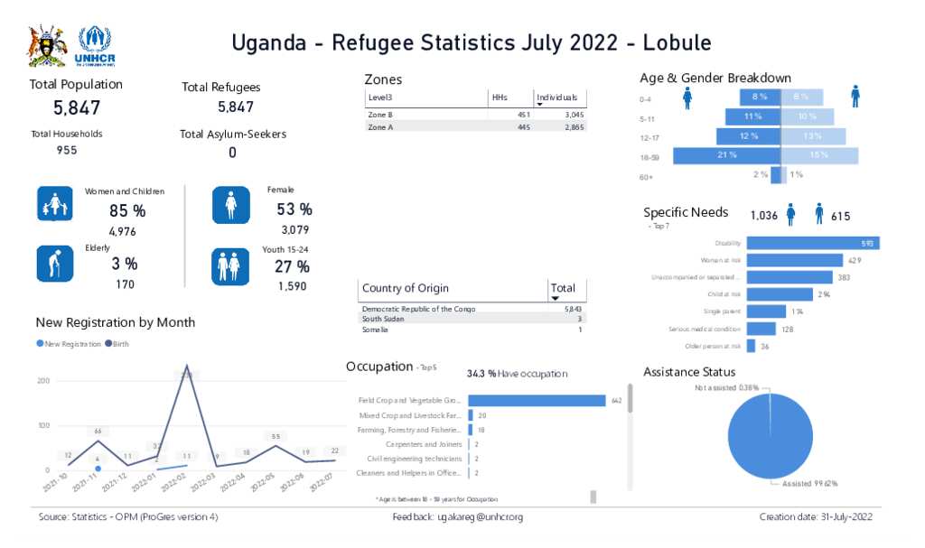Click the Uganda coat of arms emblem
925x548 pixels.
(47, 46)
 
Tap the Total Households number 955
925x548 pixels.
(67, 150)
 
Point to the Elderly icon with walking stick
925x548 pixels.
(53, 263)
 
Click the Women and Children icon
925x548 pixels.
(54, 204)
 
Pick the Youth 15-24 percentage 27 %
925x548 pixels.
(292, 266)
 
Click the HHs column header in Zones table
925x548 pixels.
(500, 98)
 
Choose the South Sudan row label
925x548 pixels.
(382, 319)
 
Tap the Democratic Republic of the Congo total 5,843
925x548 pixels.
(572, 309)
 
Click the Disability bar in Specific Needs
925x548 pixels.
(812, 243)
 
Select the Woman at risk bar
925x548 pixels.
(795, 260)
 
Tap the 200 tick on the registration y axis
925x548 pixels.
(43, 381)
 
